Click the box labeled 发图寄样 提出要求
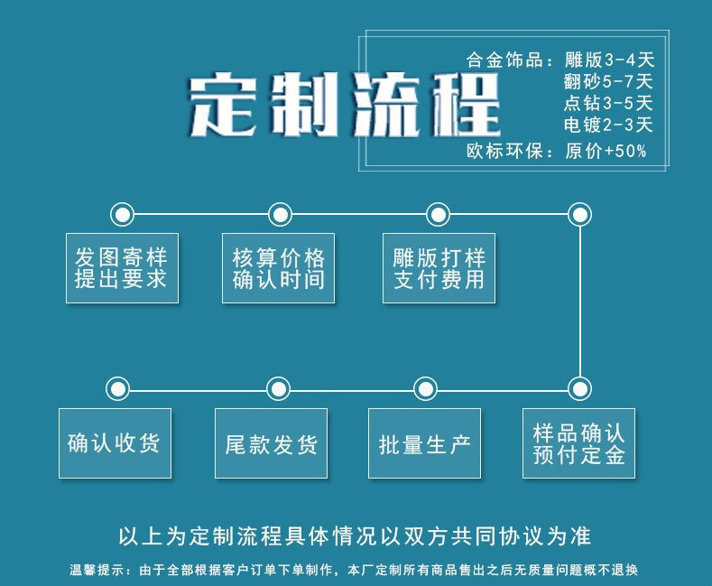click(122, 267)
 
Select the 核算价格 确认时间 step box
click(278, 267)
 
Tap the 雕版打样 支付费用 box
click(439, 267)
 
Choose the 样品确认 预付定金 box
click(579, 442)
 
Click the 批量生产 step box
click(425, 442)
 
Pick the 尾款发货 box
click(271, 442)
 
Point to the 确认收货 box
click(115, 442)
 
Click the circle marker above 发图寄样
click(122, 214)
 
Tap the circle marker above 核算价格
click(281, 214)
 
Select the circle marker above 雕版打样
click(438, 214)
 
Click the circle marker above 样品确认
click(579, 389)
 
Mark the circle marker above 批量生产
click(425, 389)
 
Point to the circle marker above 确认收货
click(117, 389)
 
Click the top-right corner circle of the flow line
click(579, 214)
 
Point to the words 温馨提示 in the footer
click(94, 571)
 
